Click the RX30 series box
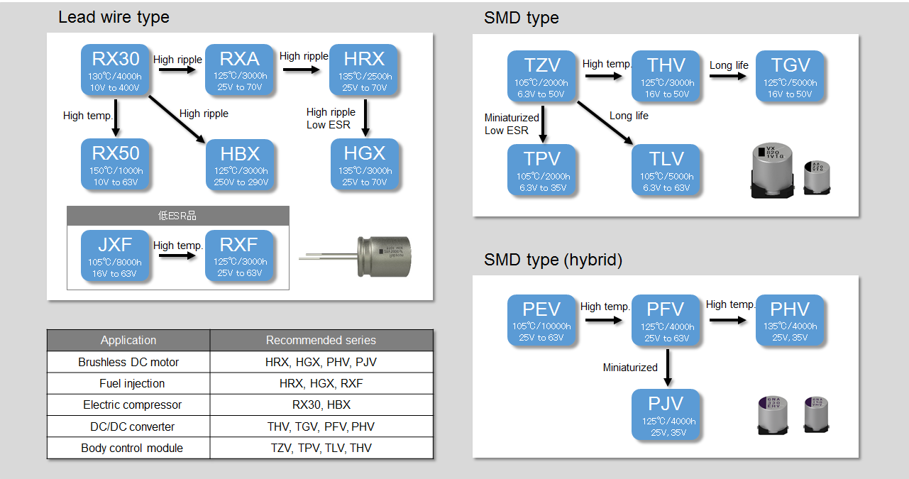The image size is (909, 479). (116, 71)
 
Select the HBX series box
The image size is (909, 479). (240, 165)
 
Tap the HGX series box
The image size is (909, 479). (365, 165)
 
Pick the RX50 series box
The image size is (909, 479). (116, 165)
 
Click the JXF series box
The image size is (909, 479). (115, 255)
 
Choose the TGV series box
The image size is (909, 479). (790, 77)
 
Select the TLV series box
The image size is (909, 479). (666, 170)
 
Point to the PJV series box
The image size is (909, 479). (666, 415)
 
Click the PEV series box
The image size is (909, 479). (541, 321)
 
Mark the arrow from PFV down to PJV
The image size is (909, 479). (668, 368)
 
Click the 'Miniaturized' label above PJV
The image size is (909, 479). (630, 368)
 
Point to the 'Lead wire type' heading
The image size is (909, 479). (114, 17)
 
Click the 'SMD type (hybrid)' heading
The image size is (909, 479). (553, 260)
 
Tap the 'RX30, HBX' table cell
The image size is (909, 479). (321, 405)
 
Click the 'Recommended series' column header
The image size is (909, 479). (321, 341)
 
